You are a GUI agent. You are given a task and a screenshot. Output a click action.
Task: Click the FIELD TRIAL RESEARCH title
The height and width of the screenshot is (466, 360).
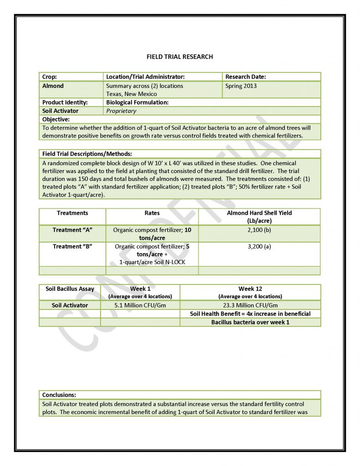coord(180,57)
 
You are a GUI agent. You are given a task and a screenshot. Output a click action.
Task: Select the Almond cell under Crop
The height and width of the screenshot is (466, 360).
coord(53,86)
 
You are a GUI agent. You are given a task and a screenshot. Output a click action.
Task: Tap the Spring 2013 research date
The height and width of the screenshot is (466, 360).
coord(241,86)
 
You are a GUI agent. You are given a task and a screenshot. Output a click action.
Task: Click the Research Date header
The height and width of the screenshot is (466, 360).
coord(246,77)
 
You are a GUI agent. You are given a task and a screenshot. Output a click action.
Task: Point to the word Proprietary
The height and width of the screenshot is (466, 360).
coord(121,111)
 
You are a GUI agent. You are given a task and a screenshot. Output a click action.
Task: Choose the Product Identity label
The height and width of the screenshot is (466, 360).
coord(65,102)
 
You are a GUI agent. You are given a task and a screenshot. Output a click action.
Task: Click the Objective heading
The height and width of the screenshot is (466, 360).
coord(56,119)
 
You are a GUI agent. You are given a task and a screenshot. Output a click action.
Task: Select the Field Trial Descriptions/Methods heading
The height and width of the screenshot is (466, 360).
coord(87,154)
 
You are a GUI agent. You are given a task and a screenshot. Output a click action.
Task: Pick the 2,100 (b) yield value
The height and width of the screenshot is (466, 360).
coord(259,230)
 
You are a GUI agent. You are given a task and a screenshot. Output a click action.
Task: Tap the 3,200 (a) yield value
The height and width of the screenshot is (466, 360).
coord(259,246)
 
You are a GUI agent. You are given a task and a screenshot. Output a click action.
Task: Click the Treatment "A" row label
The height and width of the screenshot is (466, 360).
coord(72,230)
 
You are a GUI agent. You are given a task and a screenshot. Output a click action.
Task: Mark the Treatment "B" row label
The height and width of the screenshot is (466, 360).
coord(72,246)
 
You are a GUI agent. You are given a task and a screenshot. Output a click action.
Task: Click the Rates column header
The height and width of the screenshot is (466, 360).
coord(152,213)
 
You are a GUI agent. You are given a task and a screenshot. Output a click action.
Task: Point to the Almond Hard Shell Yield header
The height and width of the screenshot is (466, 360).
coord(259,213)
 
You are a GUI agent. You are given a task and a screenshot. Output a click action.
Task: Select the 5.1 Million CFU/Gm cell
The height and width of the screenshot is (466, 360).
coord(140,305)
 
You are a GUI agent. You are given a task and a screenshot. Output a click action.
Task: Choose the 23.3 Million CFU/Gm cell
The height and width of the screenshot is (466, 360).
coord(250,305)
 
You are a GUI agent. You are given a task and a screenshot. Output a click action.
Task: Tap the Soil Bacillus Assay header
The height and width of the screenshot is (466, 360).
coord(70,289)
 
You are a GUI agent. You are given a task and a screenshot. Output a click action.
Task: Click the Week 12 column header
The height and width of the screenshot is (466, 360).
coord(250,289)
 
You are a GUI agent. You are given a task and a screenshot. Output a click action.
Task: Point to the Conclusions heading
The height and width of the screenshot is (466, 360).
coord(59,395)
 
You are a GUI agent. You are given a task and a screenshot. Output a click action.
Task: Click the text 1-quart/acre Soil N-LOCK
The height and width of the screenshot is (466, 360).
coord(152,263)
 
